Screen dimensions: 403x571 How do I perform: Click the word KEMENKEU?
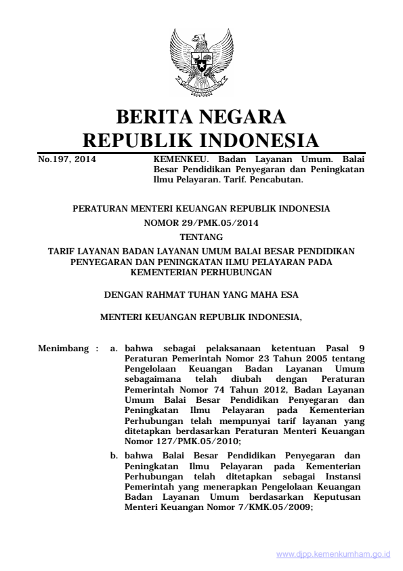pyautogui.click(x=177, y=159)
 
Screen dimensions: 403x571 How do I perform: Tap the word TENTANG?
pyautogui.click(x=201, y=237)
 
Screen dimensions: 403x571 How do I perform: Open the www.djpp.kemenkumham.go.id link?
pyautogui.click(x=333, y=554)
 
